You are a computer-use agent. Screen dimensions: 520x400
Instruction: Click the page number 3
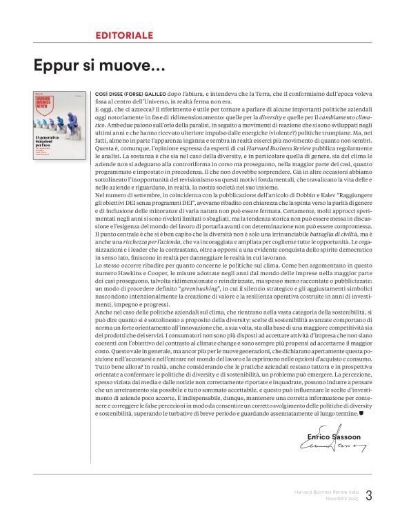click(x=368, y=494)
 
